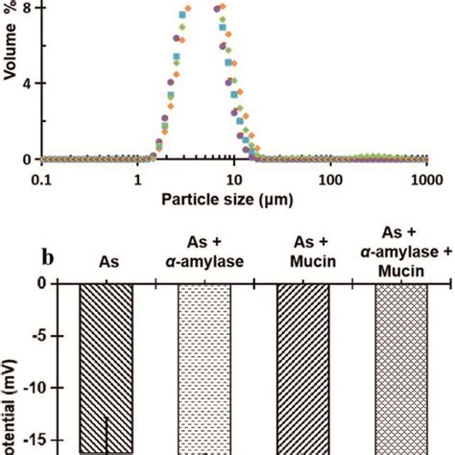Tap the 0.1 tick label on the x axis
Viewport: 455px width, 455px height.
(x=41, y=179)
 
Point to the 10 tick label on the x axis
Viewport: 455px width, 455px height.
(x=233, y=179)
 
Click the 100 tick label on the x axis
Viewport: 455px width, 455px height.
(x=330, y=179)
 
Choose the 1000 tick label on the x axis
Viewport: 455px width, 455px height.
(x=425, y=179)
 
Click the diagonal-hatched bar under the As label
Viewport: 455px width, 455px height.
(x=106, y=365)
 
